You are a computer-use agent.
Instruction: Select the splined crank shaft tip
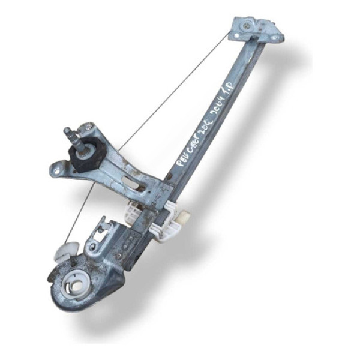point(70,131)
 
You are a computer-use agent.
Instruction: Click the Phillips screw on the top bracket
point(246,26)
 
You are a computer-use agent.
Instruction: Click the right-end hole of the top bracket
point(275,37)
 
